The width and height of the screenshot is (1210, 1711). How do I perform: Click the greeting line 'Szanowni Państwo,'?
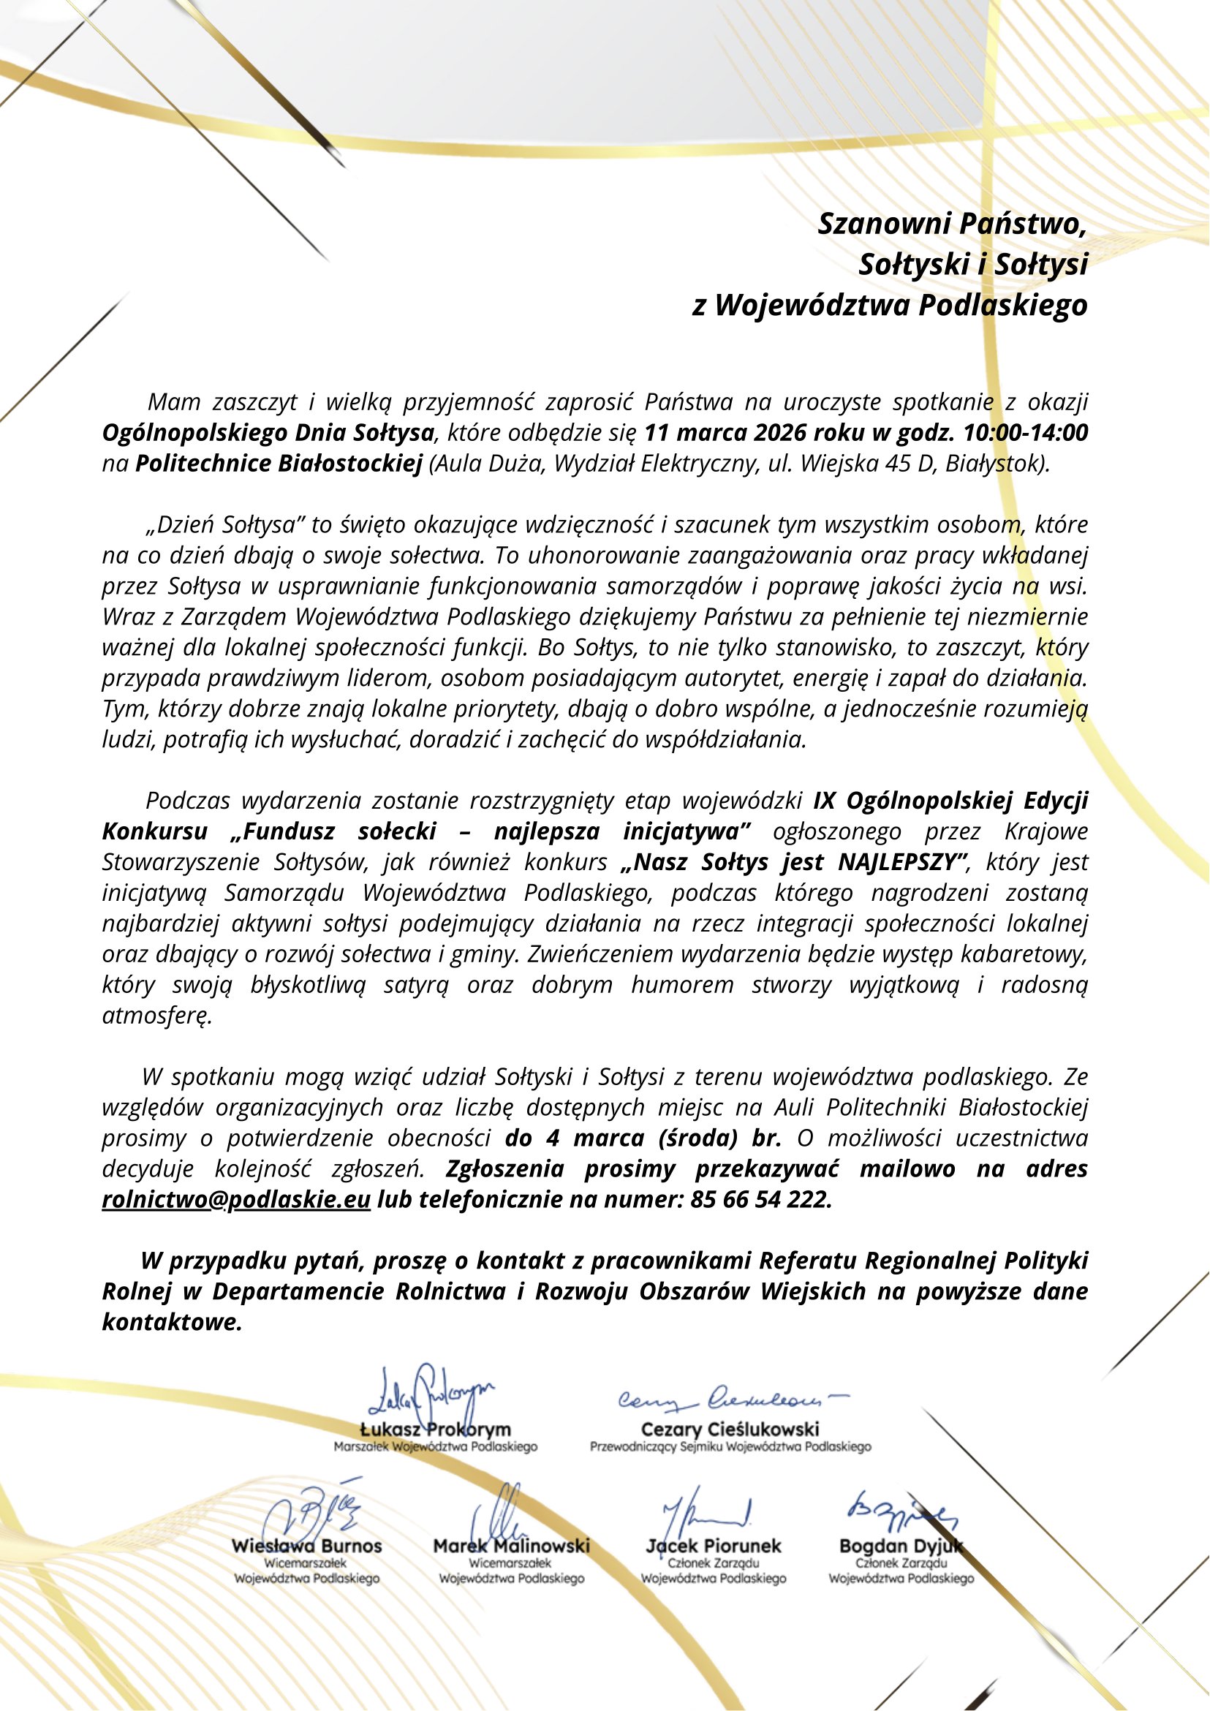(x=952, y=224)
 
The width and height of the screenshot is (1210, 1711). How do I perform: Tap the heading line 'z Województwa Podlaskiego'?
(x=890, y=306)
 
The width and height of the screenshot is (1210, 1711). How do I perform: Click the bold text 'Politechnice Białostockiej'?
(x=279, y=464)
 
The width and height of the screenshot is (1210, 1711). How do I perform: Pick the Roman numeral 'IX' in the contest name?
(x=825, y=801)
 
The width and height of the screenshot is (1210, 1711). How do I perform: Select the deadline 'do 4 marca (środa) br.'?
(x=643, y=1138)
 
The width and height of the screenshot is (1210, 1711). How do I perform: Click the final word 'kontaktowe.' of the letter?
(x=172, y=1323)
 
